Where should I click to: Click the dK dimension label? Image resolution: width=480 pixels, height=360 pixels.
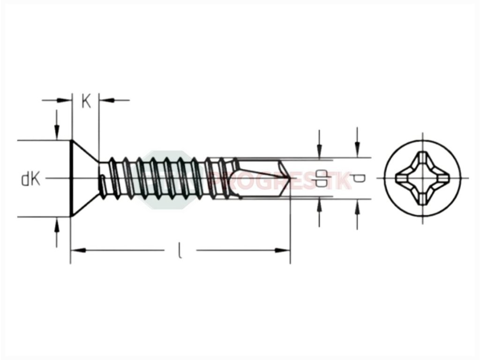click(x=31, y=179)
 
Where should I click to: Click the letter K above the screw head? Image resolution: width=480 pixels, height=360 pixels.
click(x=86, y=102)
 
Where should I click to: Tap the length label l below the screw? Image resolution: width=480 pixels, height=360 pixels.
click(x=180, y=250)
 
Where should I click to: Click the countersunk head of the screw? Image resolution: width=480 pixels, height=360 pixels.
click(x=83, y=178)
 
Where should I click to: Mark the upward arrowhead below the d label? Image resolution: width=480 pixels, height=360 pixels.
click(x=357, y=206)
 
